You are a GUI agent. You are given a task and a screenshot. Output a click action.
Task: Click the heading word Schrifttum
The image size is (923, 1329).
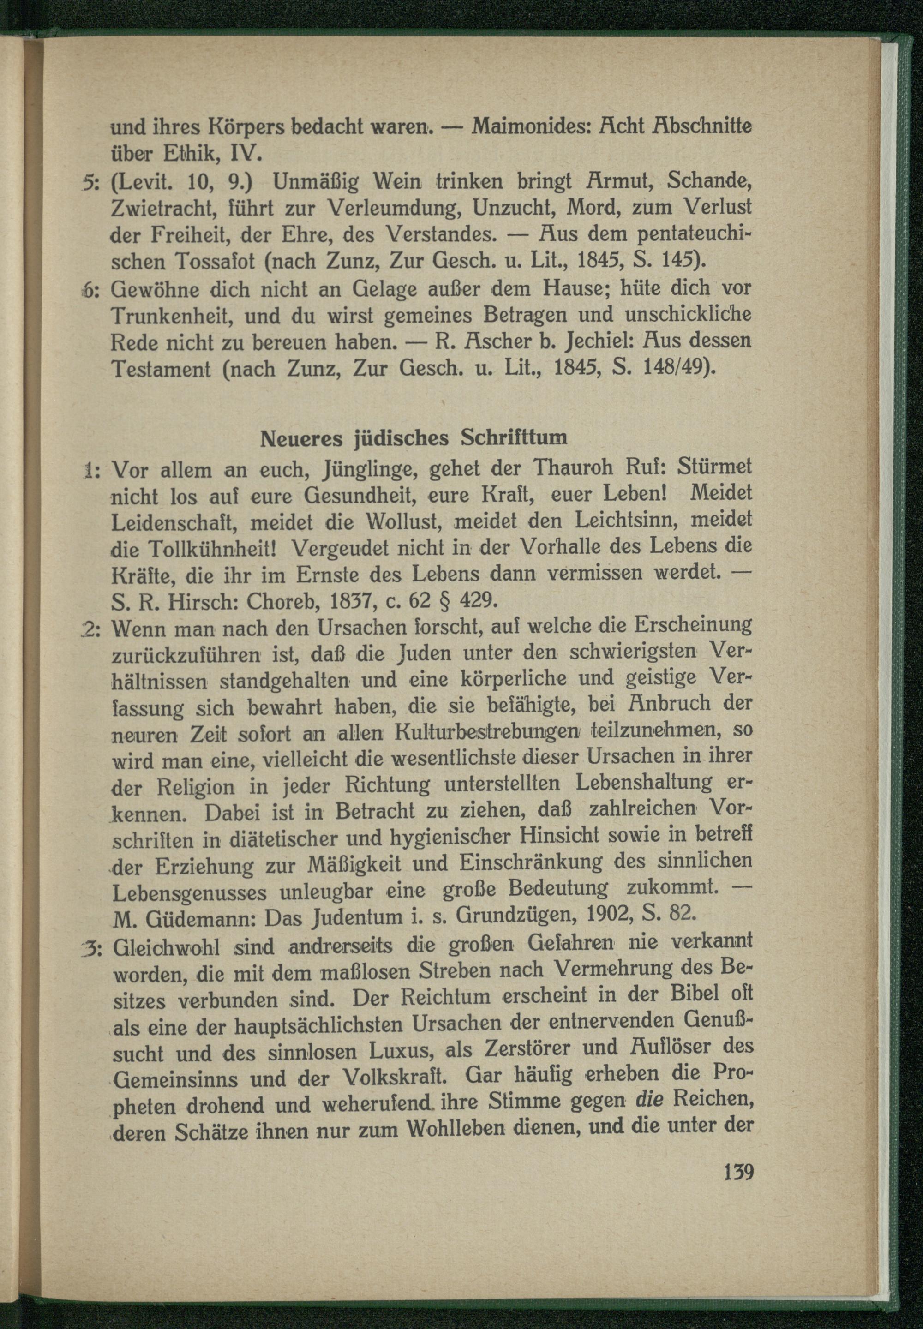(x=514, y=438)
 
